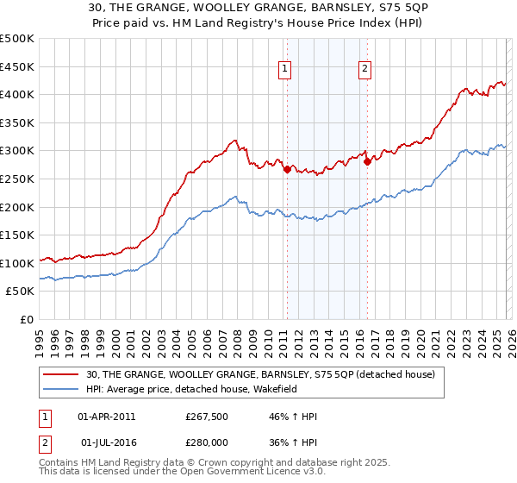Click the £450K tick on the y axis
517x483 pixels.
pos(17,66)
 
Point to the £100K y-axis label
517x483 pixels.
pos(17,263)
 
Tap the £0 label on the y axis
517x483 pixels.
pos(26,319)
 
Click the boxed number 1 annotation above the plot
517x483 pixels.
pos(285,71)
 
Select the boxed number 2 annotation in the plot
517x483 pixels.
pos(365,71)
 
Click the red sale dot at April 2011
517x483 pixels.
pos(287,169)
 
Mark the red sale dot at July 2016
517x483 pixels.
pos(367,161)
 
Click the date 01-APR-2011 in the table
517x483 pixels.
pos(107,417)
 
